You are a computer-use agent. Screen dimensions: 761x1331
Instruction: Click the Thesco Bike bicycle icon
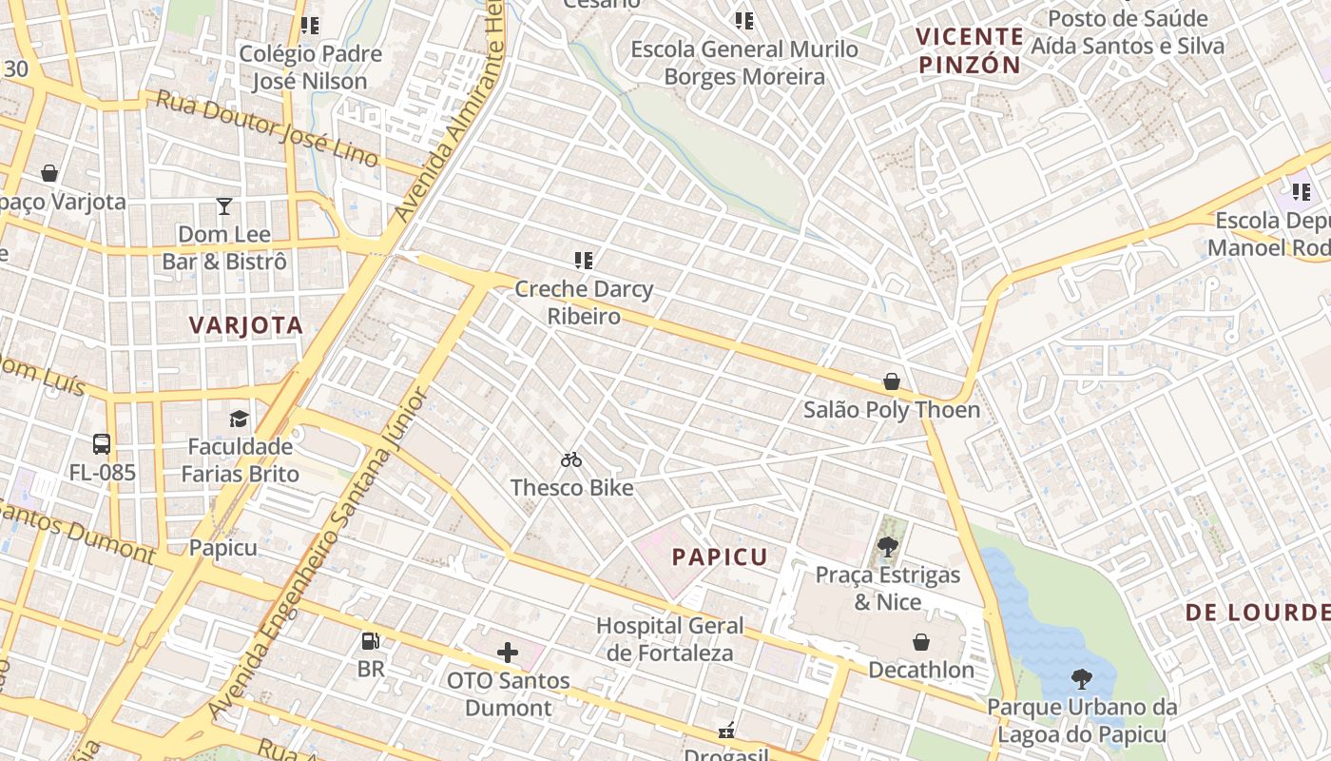(570, 460)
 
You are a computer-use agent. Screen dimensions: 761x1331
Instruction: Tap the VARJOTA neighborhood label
(245, 325)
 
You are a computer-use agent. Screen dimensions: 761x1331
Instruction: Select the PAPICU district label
(720, 557)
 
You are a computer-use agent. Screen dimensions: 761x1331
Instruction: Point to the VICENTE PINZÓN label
(969, 51)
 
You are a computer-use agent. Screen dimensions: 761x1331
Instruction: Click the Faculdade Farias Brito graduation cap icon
(239, 419)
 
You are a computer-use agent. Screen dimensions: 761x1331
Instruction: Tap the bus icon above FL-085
(102, 444)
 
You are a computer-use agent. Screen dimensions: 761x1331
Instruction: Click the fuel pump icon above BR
(371, 641)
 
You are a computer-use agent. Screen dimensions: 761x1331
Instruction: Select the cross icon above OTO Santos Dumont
(508, 653)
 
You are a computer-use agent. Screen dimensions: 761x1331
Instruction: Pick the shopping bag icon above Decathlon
(920, 642)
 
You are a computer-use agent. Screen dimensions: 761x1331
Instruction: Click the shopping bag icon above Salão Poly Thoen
(892, 381)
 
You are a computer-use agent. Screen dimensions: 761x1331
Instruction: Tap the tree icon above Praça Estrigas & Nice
(888, 547)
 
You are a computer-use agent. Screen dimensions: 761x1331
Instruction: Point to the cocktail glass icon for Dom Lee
(223, 206)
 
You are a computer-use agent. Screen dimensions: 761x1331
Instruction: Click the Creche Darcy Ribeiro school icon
(584, 261)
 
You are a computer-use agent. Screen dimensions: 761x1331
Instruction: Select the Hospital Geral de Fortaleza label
(669, 639)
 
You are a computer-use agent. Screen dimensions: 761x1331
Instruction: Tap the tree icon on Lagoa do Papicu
(1081, 678)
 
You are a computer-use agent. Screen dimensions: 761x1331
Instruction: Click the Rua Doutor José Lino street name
(267, 128)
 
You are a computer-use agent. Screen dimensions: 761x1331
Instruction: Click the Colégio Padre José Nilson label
(310, 68)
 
